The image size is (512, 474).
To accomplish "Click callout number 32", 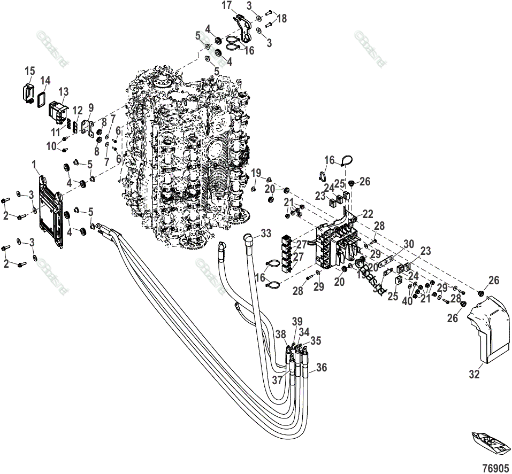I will click(474, 375).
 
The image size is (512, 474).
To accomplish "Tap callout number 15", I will click(29, 71).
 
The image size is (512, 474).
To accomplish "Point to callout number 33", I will click(266, 233).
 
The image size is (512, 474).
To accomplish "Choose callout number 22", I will click(368, 214).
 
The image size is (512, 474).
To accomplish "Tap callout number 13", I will click(64, 91).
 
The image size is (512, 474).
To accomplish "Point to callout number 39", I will click(297, 321).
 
